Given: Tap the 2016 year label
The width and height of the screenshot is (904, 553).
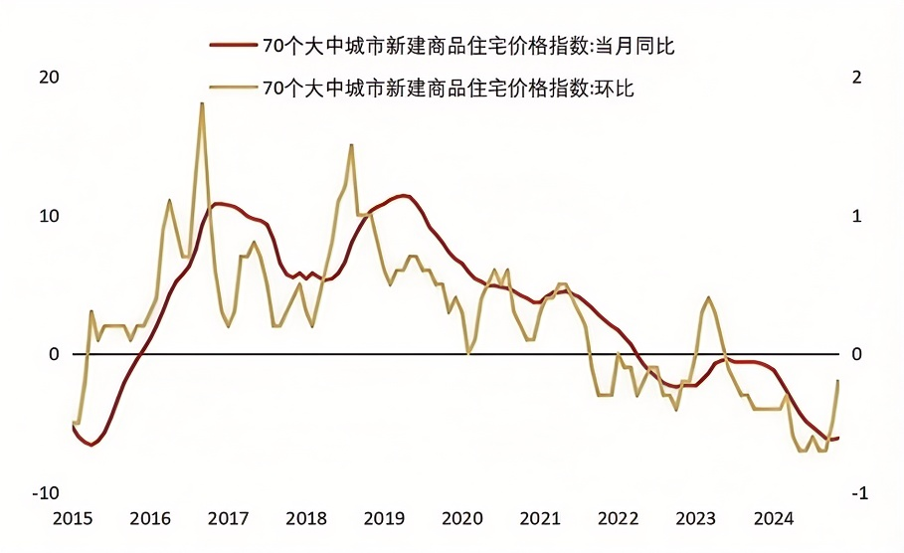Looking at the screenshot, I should (150, 518).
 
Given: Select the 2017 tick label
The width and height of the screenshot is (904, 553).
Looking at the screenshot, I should (228, 518).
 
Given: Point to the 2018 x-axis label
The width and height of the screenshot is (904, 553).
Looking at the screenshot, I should (305, 518).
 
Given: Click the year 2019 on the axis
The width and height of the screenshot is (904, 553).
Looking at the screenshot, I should (383, 518).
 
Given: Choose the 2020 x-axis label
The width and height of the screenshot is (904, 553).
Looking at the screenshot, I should (461, 518).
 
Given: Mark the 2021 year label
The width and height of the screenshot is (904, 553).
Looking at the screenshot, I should (539, 518).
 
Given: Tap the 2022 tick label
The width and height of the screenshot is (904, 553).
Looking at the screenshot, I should (618, 518).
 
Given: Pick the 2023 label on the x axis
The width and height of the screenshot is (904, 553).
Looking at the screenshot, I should (695, 518).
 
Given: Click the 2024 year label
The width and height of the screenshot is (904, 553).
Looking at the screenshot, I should (773, 518).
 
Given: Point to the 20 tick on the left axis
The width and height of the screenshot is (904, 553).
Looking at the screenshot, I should (49, 79).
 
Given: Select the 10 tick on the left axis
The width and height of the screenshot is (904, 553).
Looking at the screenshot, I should (49, 217).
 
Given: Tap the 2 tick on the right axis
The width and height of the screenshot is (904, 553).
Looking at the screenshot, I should (857, 79).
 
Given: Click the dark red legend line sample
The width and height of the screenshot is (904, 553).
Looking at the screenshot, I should (232, 46).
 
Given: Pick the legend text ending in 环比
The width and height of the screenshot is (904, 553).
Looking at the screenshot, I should (447, 89).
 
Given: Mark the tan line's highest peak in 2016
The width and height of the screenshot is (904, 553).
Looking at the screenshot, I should (202, 103).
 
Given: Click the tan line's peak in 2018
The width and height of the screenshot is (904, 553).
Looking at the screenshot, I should (351, 145).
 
